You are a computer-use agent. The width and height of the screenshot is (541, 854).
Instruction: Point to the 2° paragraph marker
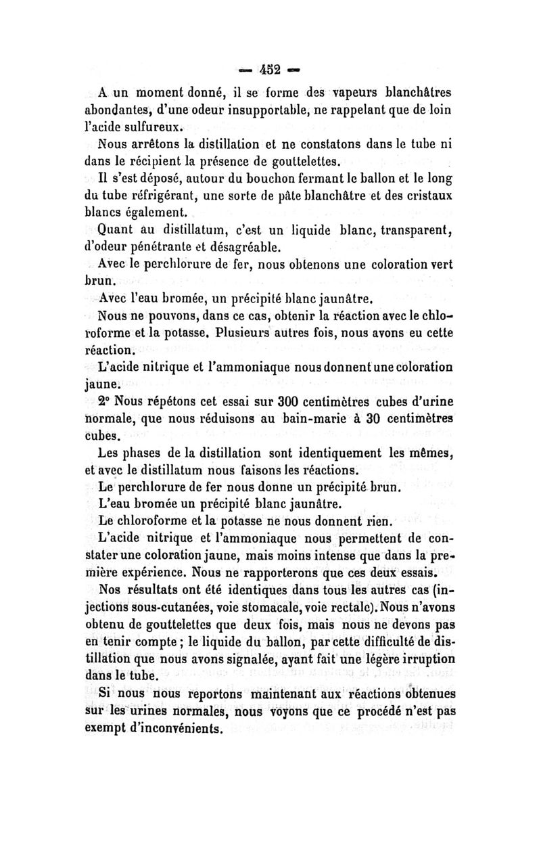tap(105, 399)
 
